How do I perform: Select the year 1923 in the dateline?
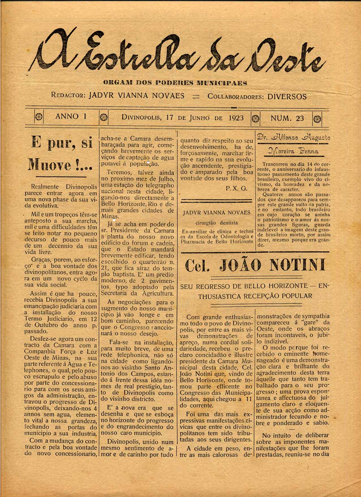tap(236, 118)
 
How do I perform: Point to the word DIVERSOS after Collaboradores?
tap(287, 97)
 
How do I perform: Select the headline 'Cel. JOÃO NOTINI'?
tap(255, 265)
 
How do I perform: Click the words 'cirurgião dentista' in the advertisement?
tap(217, 223)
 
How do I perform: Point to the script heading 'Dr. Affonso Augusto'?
tap(293, 138)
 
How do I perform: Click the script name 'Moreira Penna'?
tap(293, 151)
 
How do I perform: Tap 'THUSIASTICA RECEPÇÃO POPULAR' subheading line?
tap(255, 296)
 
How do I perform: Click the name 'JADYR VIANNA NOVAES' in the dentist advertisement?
tap(217, 212)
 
